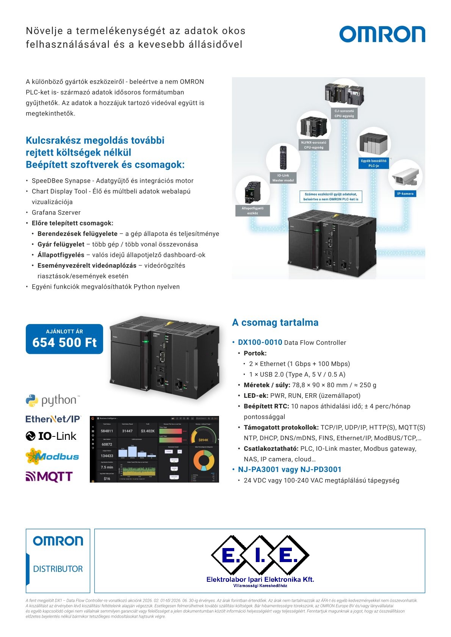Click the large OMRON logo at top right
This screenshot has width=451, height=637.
tap(382, 34)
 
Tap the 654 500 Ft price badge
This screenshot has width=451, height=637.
tap(64, 339)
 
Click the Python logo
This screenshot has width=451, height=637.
tap(53, 400)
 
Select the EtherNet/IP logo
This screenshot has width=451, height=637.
tap(53, 419)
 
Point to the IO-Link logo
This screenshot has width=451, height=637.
tap(51, 436)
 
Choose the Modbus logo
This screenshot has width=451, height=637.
tap(52, 456)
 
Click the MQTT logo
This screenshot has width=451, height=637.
tap(49, 476)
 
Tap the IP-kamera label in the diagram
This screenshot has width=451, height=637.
tap(405, 193)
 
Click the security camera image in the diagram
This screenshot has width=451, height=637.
tap(405, 176)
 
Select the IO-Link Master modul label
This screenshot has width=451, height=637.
tap(283, 178)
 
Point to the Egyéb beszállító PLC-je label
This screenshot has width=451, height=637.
tap(374, 163)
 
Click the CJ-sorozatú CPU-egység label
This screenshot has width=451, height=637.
tap(344, 114)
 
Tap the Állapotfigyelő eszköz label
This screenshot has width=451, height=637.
tap(252, 210)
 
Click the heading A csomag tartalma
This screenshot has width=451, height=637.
tap(275, 322)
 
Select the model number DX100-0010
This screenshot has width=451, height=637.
tap(260, 342)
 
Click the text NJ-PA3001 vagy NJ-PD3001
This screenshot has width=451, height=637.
tap(290, 469)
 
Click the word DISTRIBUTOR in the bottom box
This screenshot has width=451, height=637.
tap(58, 569)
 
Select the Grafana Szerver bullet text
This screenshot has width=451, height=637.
tap(56, 212)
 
